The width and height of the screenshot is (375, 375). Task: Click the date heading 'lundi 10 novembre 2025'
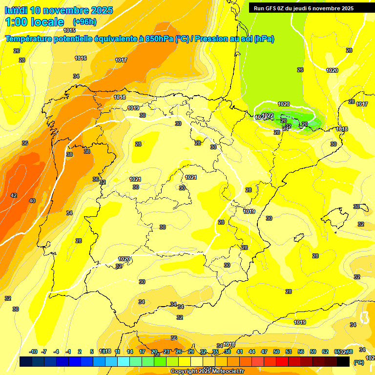click(x=59, y=10)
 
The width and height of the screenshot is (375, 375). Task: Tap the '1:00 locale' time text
click(x=35, y=22)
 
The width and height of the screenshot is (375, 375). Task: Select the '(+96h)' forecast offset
click(x=84, y=22)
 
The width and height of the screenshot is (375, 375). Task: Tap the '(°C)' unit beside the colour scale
click(x=358, y=362)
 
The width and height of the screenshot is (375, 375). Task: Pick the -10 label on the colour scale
click(x=33, y=352)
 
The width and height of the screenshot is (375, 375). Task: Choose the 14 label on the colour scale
click(x=130, y=352)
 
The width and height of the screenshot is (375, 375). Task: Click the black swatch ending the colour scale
click(x=343, y=361)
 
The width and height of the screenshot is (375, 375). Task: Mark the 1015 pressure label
click(x=69, y=44)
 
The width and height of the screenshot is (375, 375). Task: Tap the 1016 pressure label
click(x=81, y=58)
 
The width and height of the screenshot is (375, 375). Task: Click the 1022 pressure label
click(x=268, y=115)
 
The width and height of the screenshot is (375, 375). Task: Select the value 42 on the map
click(x=14, y=195)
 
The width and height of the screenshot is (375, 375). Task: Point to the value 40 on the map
click(x=32, y=201)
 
